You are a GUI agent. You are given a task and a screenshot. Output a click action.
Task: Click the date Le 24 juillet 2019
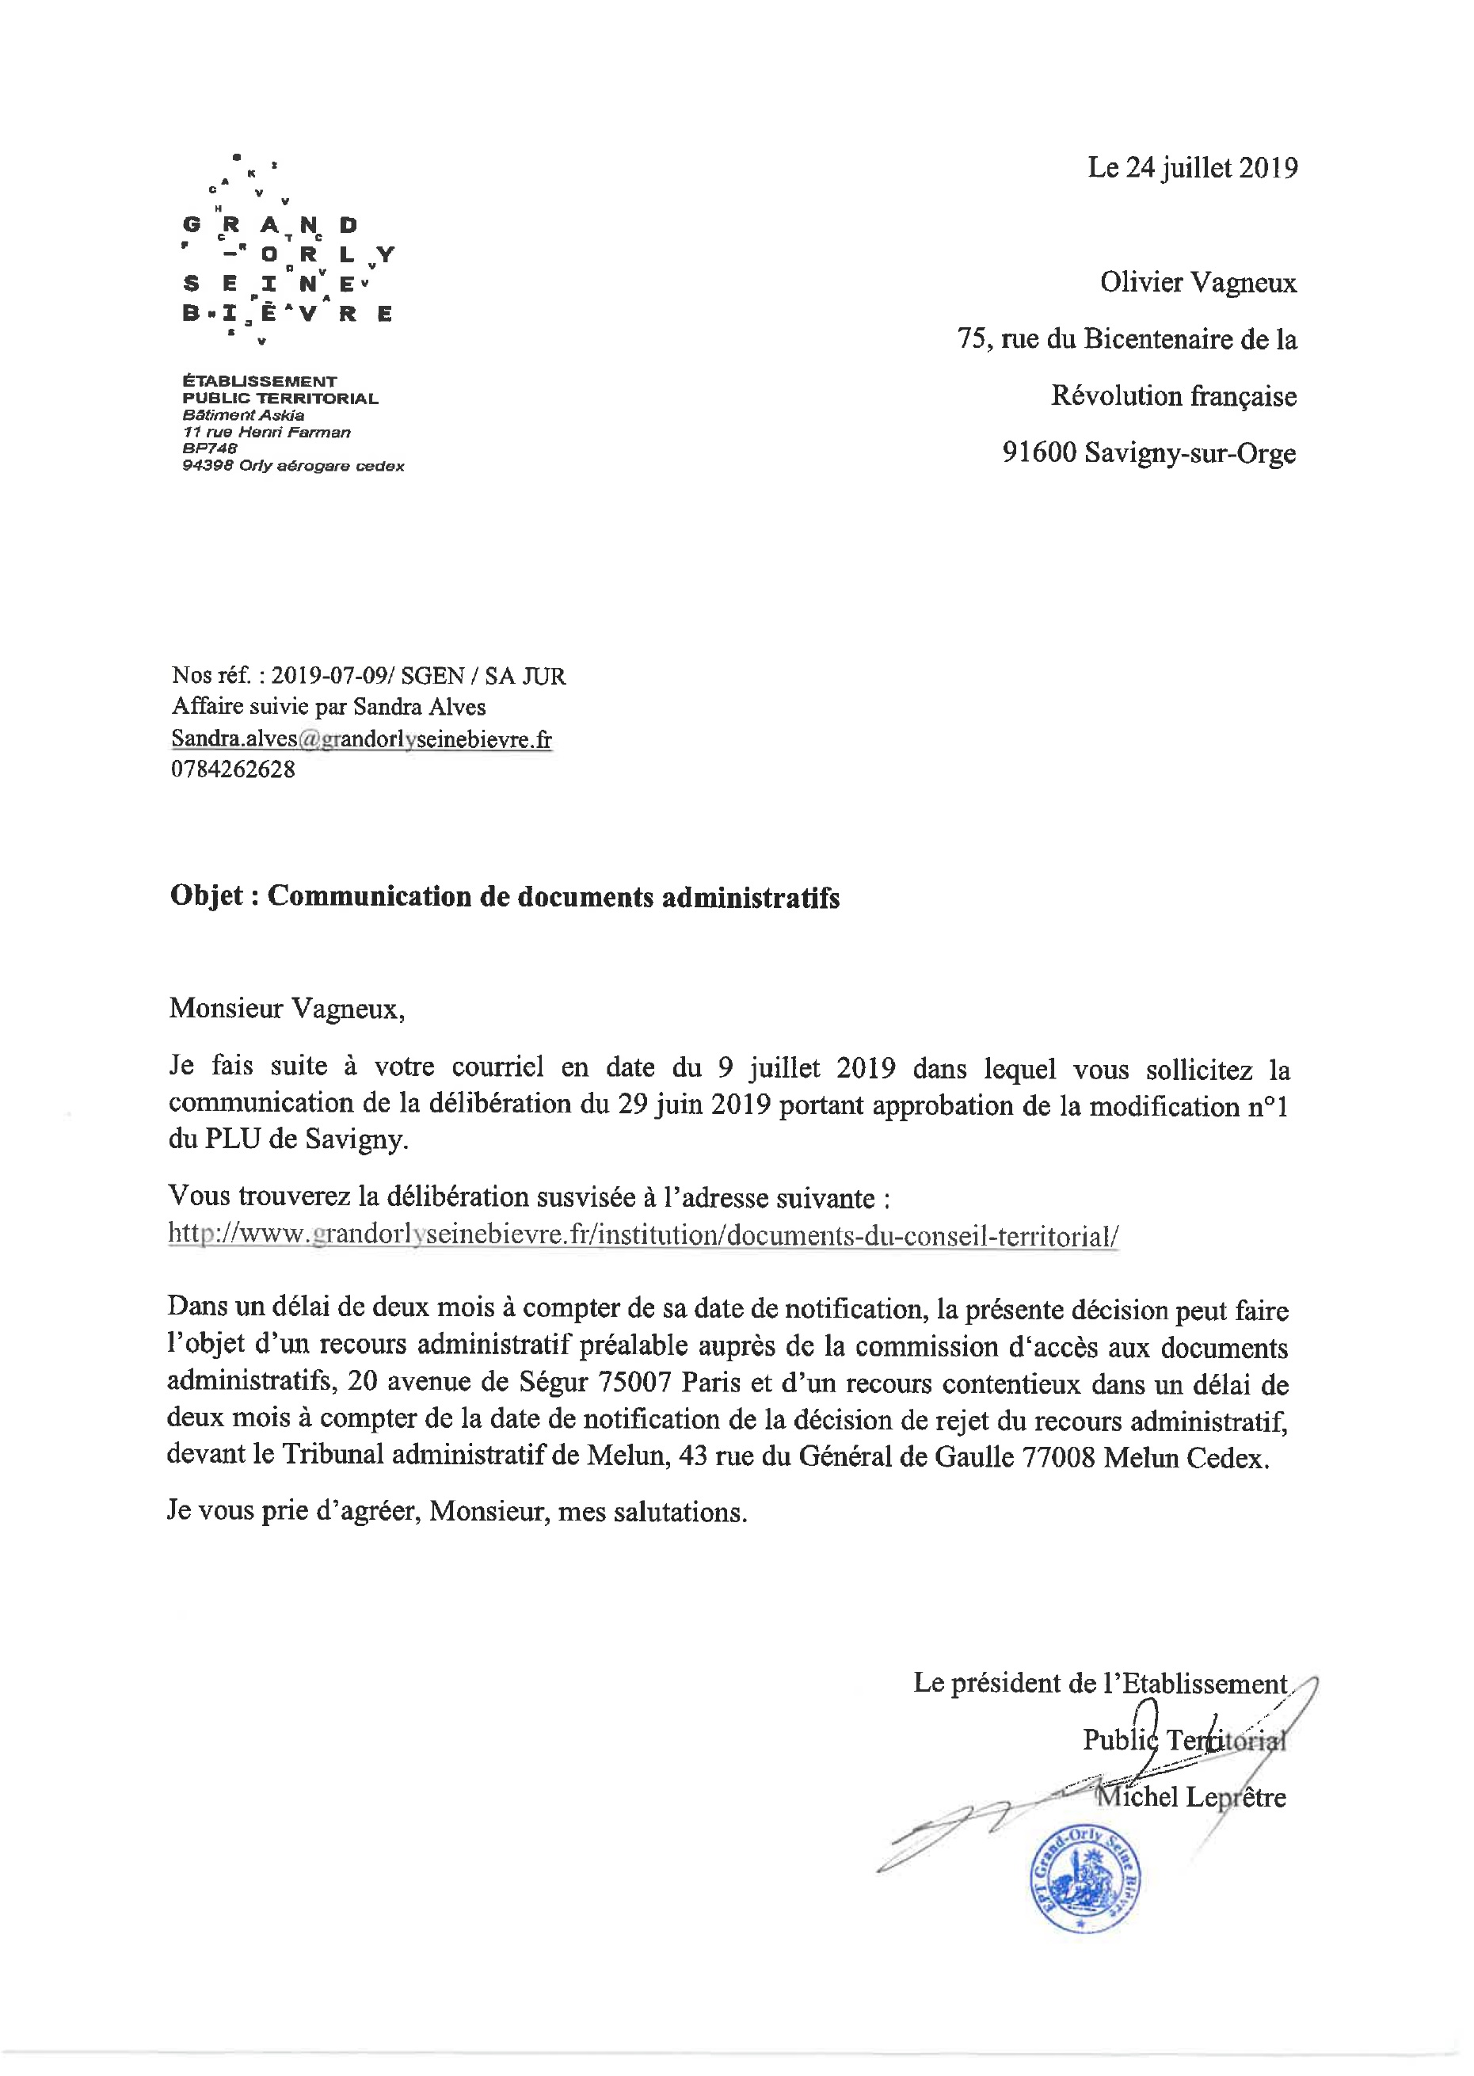(x=1192, y=168)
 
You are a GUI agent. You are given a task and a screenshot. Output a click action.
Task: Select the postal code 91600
(x=1038, y=452)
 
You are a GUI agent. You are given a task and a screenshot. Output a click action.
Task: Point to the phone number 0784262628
(x=234, y=769)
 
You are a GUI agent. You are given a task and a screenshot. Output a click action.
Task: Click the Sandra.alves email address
(x=361, y=739)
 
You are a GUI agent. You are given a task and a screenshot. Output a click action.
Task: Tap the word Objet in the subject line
(x=206, y=896)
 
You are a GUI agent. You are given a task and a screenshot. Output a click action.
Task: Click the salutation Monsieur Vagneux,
(x=287, y=1009)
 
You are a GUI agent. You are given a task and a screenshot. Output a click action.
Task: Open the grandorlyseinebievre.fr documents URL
(x=642, y=1235)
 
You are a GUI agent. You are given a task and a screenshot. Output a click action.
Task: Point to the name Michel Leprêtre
(x=1190, y=1796)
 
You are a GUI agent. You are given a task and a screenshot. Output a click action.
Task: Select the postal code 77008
(x=1058, y=1457)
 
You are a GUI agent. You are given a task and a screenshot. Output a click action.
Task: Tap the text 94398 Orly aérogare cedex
(x=292, y=467)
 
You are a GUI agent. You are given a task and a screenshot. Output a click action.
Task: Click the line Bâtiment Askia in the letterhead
(x=243, y=416)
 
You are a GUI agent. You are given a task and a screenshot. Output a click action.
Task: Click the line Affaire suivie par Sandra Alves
(x=329, y=707)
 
